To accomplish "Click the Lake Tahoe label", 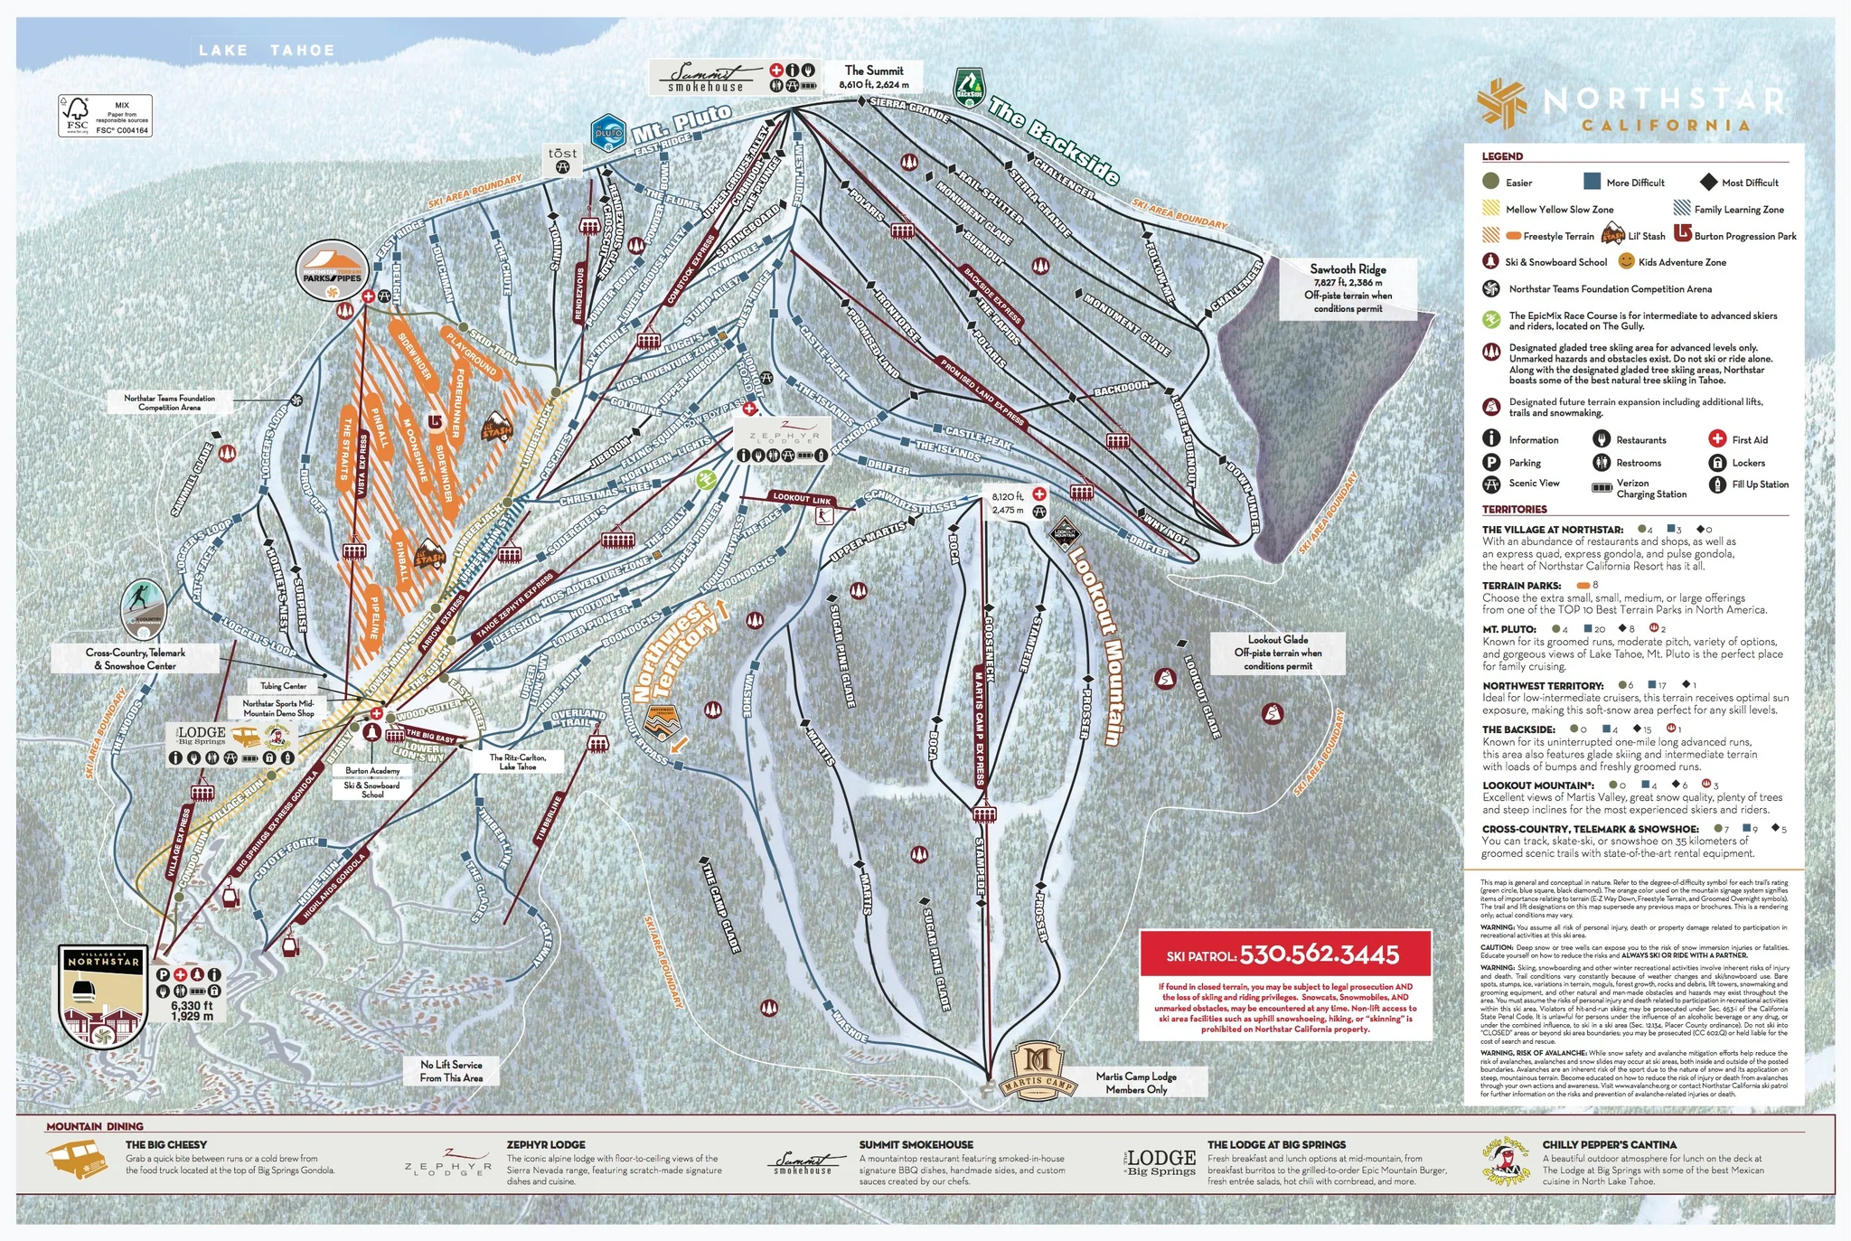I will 267,51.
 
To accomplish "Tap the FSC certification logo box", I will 105,117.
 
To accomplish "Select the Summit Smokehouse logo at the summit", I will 707,77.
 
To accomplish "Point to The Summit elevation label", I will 874,77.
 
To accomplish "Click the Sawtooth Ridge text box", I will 1348,288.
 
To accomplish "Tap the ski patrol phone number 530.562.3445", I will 1319,954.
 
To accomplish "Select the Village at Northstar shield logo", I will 103,995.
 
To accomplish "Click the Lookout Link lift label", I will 802,498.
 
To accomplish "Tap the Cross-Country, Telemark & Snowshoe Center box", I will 136,659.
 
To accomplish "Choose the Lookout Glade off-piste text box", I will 1277,653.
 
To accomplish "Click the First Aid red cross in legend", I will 1717,439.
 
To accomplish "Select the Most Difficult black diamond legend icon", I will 1707,183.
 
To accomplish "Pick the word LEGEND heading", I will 1502,156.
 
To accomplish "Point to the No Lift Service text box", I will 451,1071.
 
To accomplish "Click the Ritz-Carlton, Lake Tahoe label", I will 518,762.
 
